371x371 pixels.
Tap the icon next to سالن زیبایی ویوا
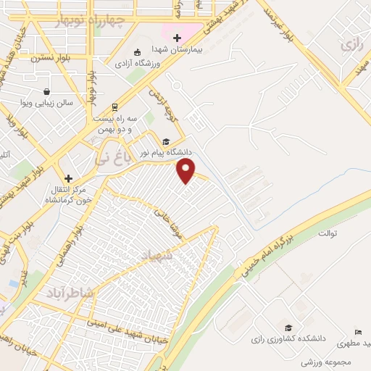click(x=46, y=92)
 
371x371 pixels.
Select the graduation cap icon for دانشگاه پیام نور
click(x=165, y=142)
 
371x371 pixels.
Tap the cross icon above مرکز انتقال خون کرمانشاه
click(x=69, y=178)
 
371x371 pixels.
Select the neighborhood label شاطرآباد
click(x=70, y=293)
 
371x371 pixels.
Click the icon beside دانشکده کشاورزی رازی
click(x=288, y=328)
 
